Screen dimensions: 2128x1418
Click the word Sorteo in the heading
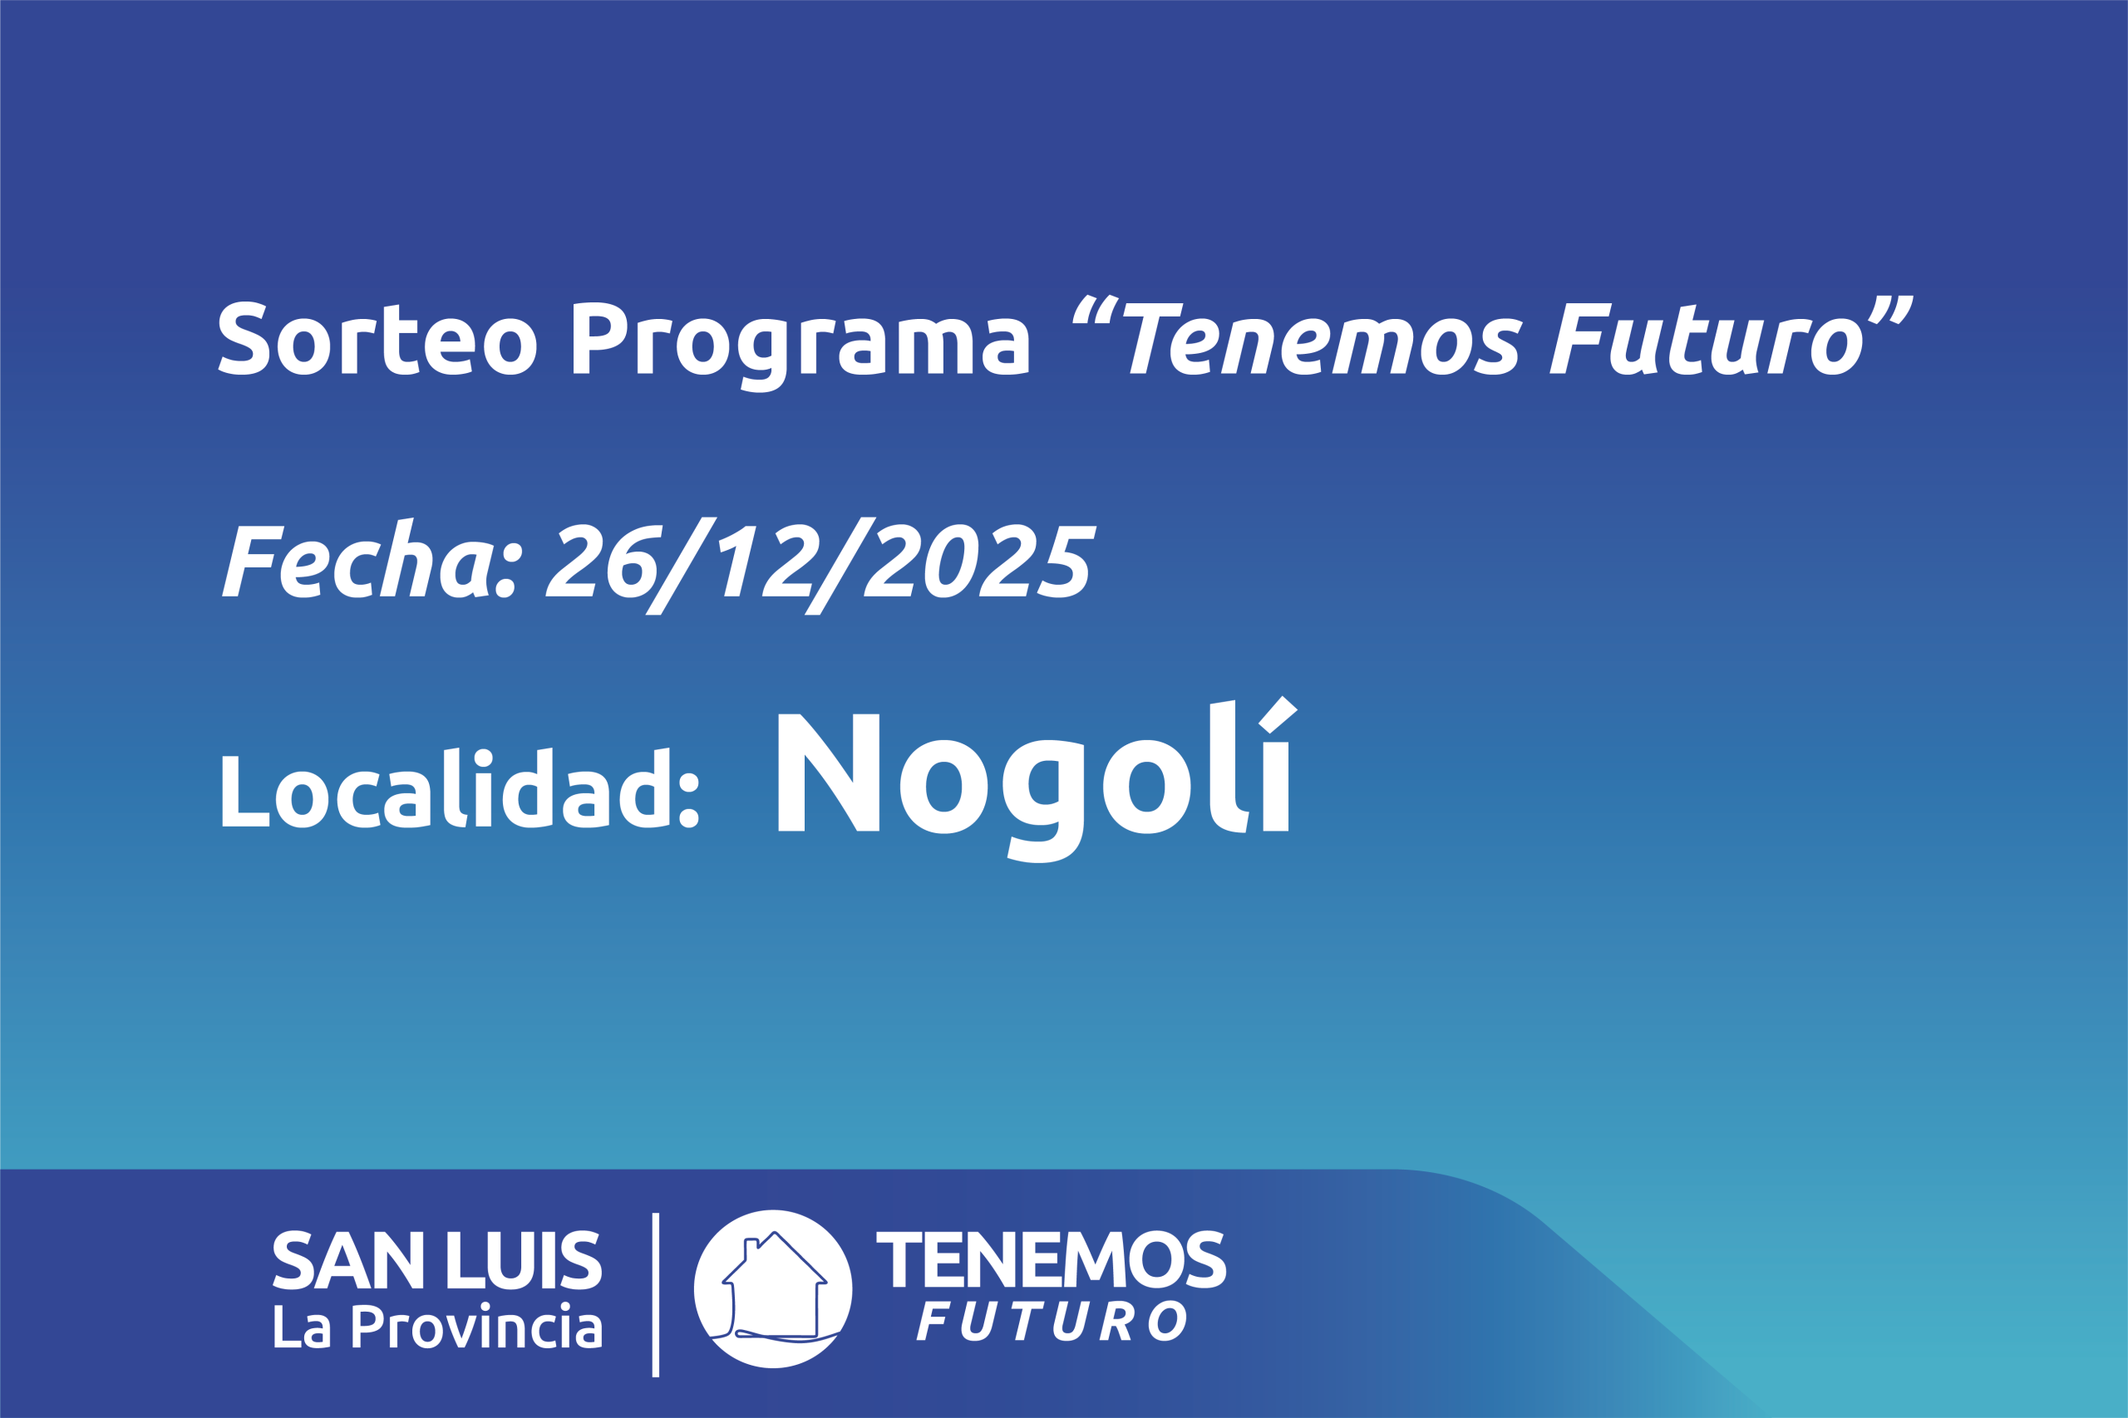point(377,337)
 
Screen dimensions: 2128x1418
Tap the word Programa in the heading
point(800,346)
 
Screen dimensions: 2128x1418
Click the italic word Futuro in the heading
point(1707,338)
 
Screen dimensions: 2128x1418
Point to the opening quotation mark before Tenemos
point(1096,308)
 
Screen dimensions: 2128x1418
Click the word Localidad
point(461,788)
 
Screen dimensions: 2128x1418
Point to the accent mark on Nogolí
point(1278,714)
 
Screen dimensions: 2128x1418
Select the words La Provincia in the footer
point(438,1326)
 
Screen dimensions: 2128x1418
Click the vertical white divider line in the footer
point(656,1295)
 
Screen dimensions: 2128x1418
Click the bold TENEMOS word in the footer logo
point(1052,1259)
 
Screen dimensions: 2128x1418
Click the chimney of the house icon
point(750,1249)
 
